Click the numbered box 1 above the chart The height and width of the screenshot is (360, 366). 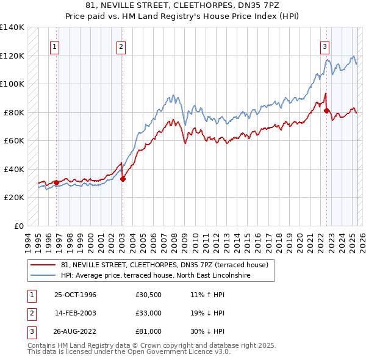(55, 46)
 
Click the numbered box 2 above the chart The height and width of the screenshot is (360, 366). (121, 46)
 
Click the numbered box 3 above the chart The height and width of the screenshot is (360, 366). (325, 46)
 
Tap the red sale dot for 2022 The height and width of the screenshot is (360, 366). (326, 110)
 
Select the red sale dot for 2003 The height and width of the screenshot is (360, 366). (123, 179)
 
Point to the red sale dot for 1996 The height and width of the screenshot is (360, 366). (56, 182)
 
